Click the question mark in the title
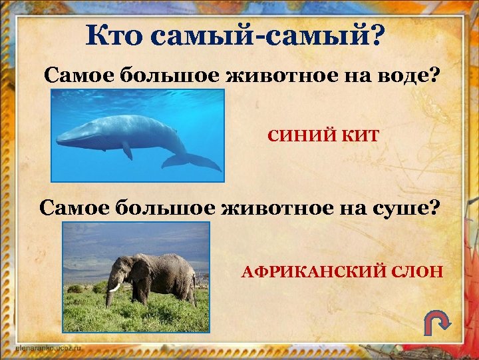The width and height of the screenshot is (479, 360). pyautogui.click(x=376, y=35)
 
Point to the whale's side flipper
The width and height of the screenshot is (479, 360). pyautogui.click(x=126, y=151)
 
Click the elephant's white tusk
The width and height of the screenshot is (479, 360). pyautogui.click(x=115, y=287)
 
